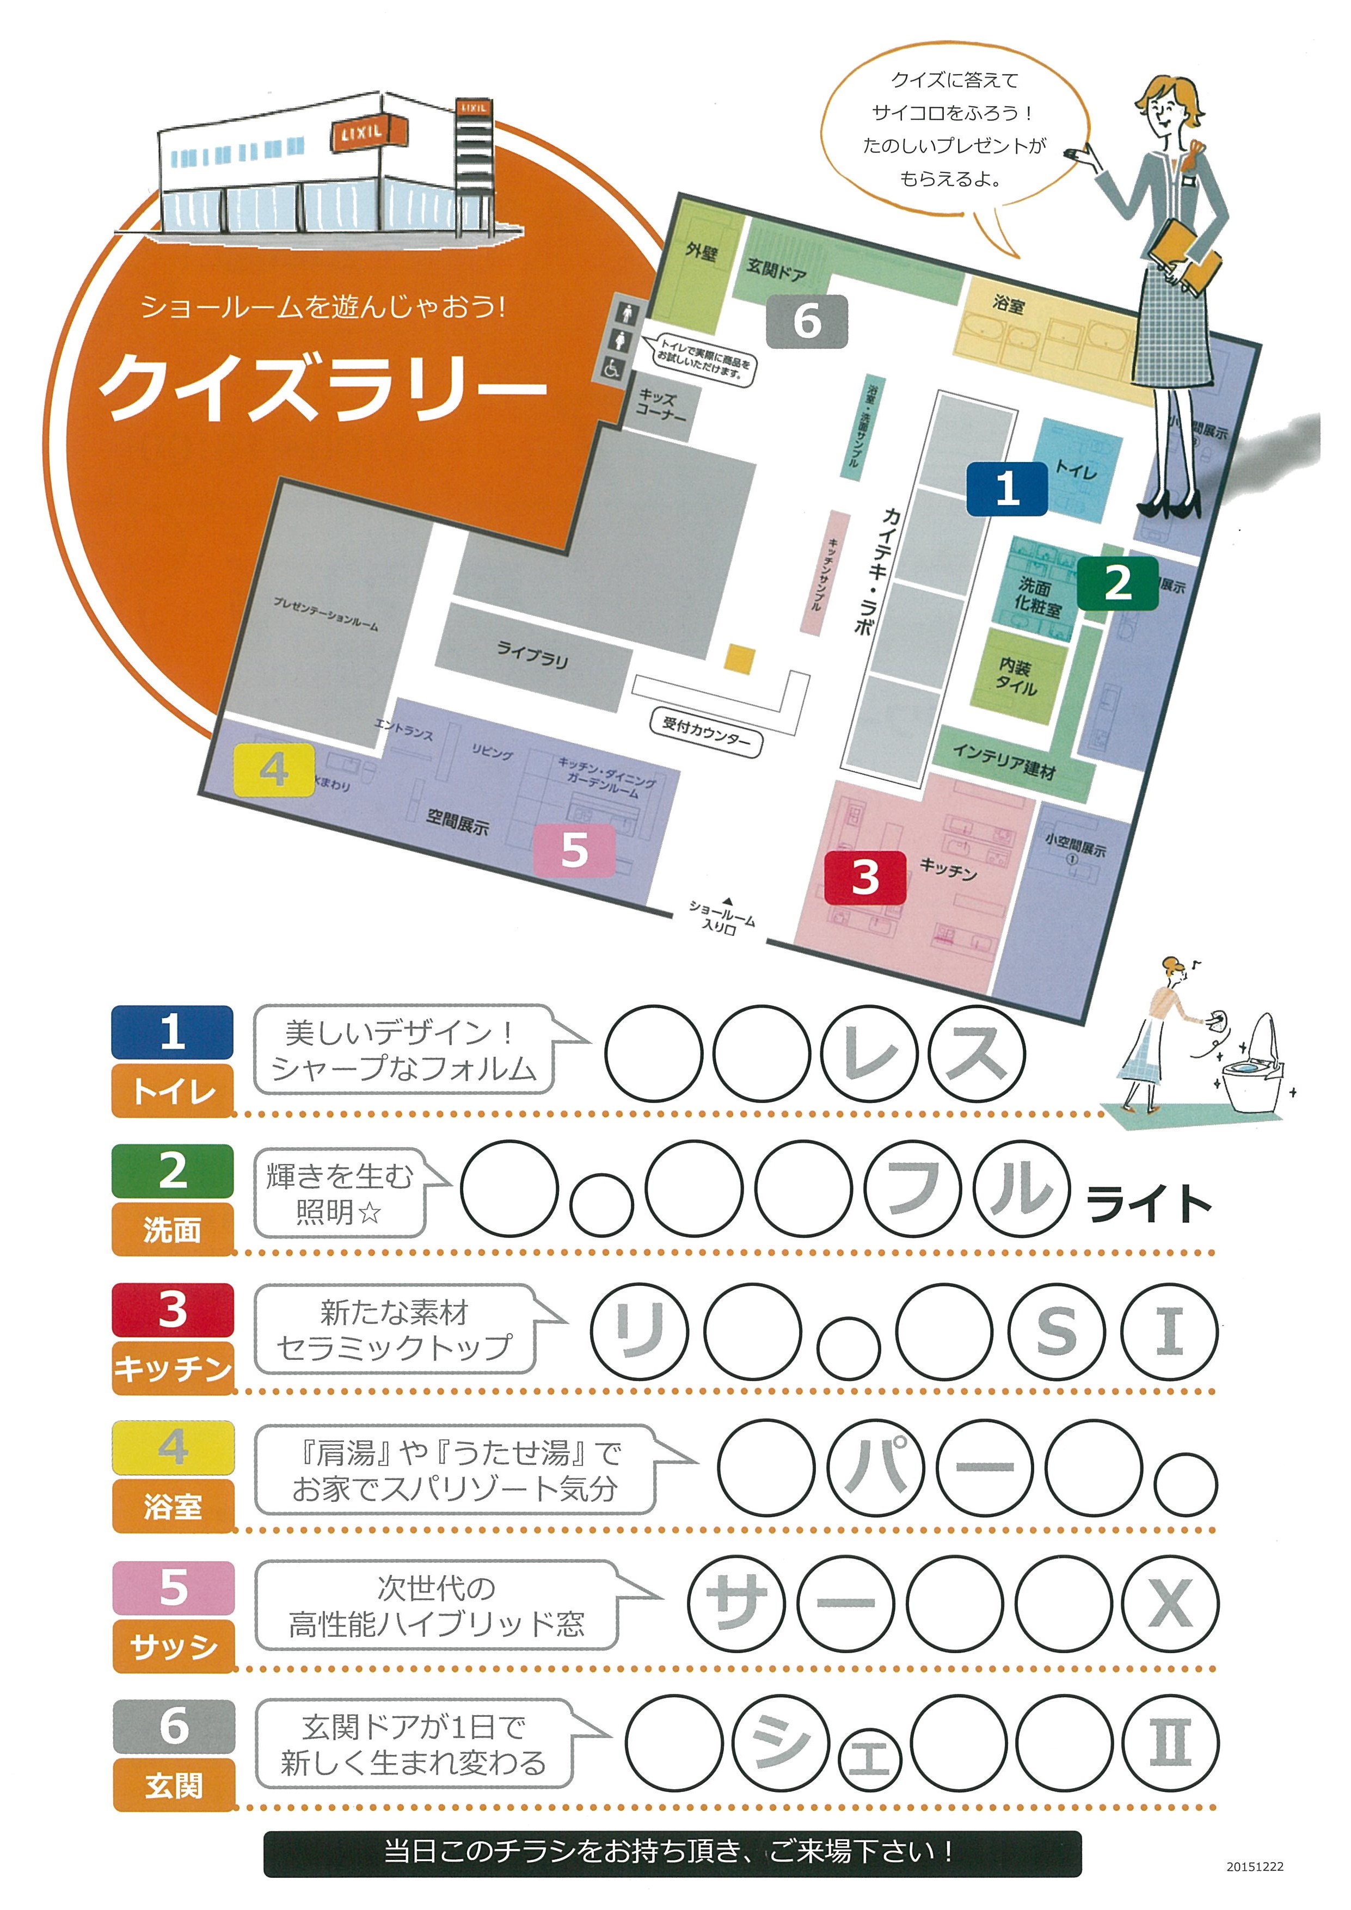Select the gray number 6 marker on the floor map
point(806,321)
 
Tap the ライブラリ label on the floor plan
point(532,654)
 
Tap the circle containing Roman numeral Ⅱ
point(1170,1742)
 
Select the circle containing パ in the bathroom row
point(875,1468)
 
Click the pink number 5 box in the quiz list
point(173,1587)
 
